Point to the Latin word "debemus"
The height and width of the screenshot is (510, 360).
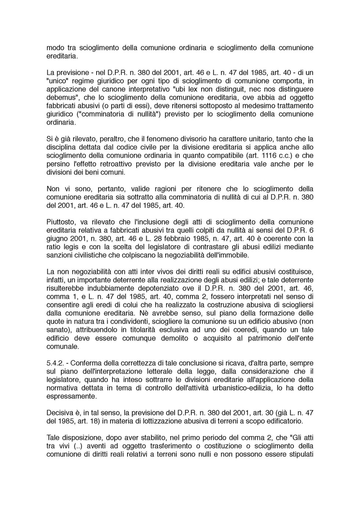pyautogui.click(x=59, y=97)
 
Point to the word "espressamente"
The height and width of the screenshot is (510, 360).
pyautogui.click(x=72, y=396)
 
